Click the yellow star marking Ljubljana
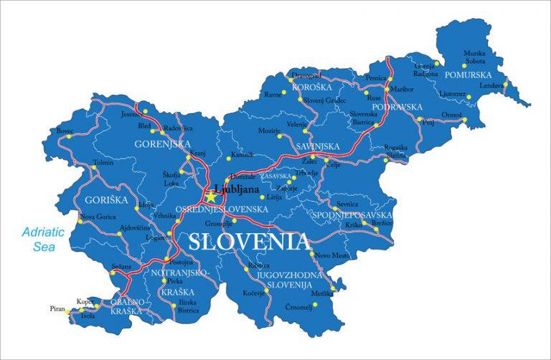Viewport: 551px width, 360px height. (211, 195)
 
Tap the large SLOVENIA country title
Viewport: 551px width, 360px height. (249, 241)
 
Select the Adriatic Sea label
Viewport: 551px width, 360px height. (43, 239)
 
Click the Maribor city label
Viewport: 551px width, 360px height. (402, 89)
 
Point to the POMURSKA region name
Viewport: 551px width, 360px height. (468, 74)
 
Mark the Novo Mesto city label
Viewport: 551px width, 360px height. (332, 256)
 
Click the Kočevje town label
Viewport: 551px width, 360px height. (249, 293)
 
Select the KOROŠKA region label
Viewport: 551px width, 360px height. (311, 87)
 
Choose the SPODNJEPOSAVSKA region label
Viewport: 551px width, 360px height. (352, 214)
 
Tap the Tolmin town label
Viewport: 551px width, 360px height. (103, 163)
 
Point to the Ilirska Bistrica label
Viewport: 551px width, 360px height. (189, 306)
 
